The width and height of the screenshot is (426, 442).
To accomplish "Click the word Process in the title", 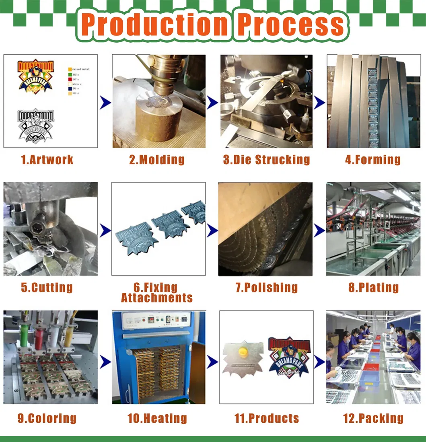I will click(x=291, y=25).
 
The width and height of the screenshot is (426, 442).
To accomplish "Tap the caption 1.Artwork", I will click(x=47, y=159).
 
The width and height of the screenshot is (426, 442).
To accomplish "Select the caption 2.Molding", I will click(x=156, y=159).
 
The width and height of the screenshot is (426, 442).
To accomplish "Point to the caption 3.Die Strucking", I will click(x=266, y=159).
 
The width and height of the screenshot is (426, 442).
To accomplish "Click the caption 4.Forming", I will click(x=372, y=159).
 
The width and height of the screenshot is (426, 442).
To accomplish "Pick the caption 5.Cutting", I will click(x=47, y=287).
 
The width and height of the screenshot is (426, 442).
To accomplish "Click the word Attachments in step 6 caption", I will click(x=157, y=298).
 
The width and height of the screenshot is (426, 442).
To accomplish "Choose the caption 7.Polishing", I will click(x=266, y=287).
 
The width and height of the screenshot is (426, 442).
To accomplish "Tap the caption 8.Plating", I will click(x=373, y=287).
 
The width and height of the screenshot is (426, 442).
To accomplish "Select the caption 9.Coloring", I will click(x=47, y=418).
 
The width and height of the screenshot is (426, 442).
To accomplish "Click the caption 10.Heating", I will click(x=157, y=418).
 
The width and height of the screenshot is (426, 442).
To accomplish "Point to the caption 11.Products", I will click(x=267, y=418).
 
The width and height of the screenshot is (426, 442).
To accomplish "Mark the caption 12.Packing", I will click(x=373, y=418).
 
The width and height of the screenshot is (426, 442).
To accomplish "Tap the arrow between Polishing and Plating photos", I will click(x=319, y=230).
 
